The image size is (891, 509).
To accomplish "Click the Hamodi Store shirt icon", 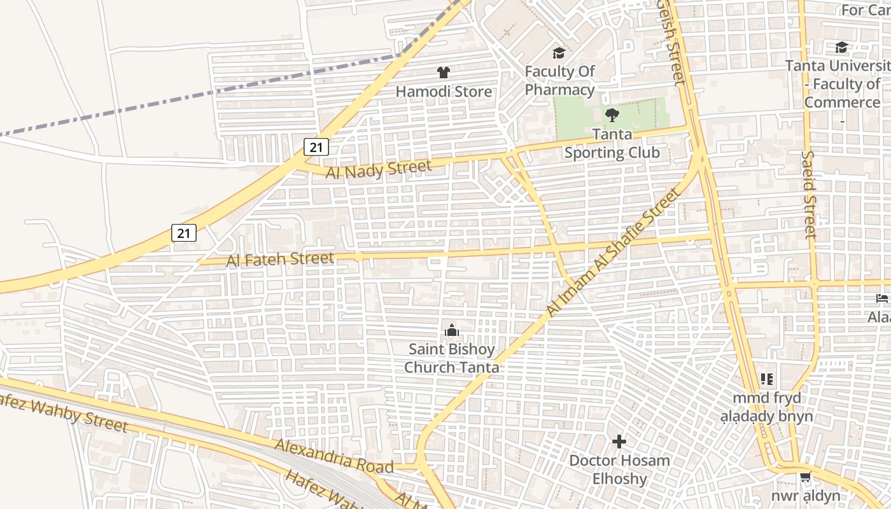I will coord(444,73).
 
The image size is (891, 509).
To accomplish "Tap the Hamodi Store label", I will coord(444,92).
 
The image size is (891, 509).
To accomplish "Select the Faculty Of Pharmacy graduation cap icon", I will coord(559,53).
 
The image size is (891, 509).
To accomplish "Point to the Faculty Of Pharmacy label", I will coord(559,80).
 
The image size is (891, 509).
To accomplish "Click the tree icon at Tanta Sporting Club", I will coord(612,115).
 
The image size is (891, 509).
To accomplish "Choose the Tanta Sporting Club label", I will coord(612,143).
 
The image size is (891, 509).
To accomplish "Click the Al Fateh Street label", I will coord(280,259).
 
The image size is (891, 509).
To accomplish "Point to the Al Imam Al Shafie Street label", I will coord(613,253).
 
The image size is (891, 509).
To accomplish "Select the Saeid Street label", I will coord(809,194).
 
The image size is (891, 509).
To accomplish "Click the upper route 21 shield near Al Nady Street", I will coord(316,147).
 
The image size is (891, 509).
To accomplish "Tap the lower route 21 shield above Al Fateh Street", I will coord(184,233).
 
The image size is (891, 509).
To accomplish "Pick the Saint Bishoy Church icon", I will coord(451,330).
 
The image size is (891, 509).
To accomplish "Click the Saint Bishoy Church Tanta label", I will coord(451,358).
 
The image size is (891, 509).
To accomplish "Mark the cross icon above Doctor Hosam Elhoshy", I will coord(619,441).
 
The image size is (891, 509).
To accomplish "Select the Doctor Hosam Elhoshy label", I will coord(619,470).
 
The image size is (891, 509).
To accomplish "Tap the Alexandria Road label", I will coord(334,455).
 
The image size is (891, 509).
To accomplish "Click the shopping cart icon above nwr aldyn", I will coord(805,477).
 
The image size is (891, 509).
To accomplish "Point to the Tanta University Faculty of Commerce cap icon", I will coord(841,47).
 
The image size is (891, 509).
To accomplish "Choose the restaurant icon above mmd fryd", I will coord(767,379).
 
